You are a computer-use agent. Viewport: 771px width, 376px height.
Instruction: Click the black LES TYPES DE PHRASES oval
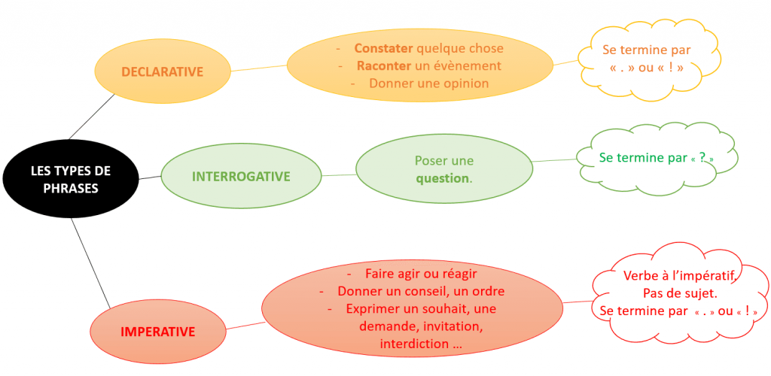pos(70,179)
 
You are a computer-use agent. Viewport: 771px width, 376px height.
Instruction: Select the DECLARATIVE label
pos(163,71)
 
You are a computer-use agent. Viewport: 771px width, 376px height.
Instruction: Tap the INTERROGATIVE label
pos(241,177)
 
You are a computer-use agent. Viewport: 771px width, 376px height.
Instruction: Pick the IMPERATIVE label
pos(158,332)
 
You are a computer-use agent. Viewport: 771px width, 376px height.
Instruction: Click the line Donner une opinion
pos(428,83)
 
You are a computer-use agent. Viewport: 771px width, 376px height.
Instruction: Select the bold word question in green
pos(443,178)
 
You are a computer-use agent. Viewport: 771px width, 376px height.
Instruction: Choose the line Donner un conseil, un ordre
pos(421,291)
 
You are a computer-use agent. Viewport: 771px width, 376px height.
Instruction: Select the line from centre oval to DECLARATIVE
pos(91,117)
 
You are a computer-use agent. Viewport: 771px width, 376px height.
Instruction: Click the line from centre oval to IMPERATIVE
pos(90,264)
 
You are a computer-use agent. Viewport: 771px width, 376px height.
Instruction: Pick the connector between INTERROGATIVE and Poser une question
pos(338,175)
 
